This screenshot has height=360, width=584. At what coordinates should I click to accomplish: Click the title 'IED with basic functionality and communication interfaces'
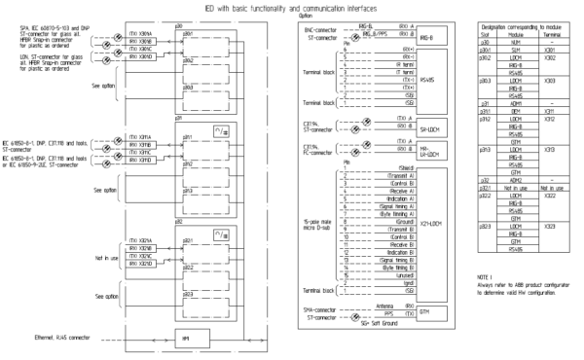[x=291, y=7]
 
